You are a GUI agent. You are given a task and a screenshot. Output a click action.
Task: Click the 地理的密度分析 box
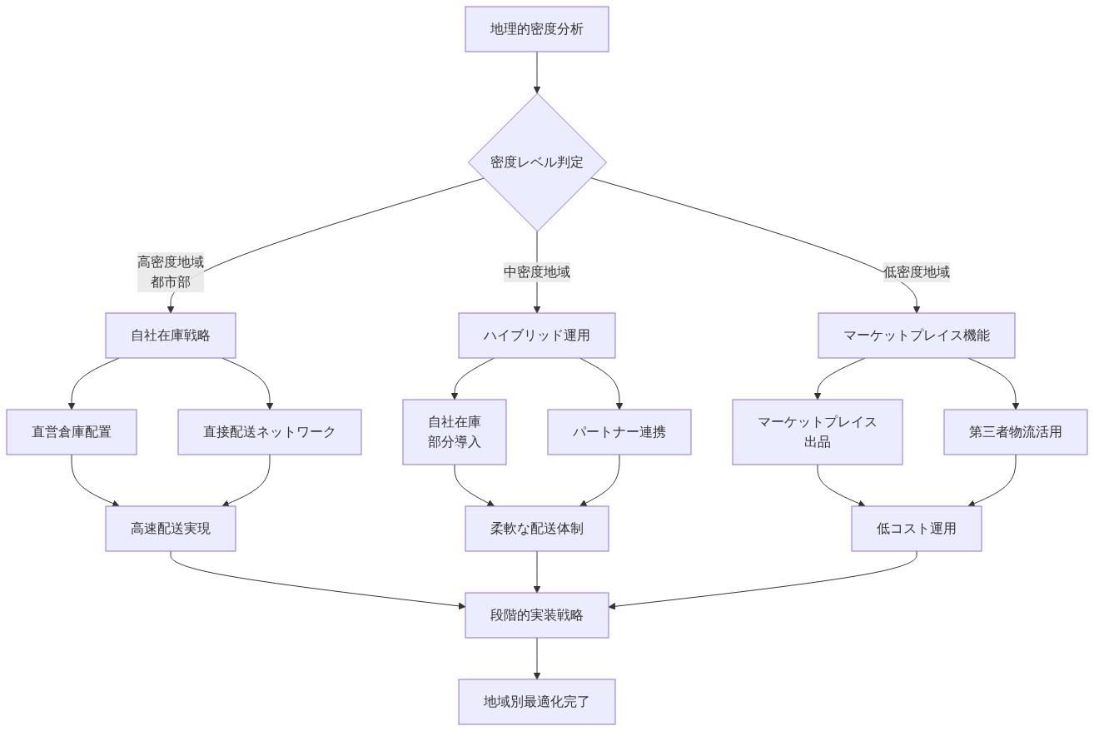click(x=537, y=29)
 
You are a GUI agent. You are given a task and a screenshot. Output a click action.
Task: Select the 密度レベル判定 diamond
click(x=537, y=162)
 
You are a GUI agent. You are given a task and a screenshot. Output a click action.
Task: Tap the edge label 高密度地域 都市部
click(x=171, y=271)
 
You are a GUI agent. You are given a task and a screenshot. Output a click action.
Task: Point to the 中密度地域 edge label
click(x=537, y=271)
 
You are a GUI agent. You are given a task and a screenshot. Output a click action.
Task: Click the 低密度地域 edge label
click(x=917, y=271)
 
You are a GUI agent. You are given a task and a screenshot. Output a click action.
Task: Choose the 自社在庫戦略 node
click(x=171, y=336)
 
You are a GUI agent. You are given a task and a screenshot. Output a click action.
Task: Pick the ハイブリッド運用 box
click(x=537, y=336)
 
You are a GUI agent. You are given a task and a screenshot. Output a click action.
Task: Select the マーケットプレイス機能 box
click(x=917, y=336)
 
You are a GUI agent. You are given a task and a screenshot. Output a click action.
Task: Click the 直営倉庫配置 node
click(x=72, y=432)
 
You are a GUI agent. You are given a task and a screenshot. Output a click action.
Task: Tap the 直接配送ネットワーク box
click(x=270, y=432)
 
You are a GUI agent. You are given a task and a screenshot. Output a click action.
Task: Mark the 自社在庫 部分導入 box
click(x=455, y=432)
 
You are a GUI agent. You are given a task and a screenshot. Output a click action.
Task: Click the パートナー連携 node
click(x=619, y=432)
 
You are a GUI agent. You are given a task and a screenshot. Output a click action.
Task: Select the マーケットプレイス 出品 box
click(x=818, y=432)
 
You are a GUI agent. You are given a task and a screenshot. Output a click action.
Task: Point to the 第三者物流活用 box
click(x=1016, y=432)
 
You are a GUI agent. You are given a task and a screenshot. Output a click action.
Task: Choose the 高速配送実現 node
click(x=171, y=529)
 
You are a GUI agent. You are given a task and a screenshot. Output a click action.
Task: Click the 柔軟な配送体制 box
click(x=537, y=529)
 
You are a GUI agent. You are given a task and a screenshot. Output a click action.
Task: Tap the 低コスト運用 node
click(x=917, y=529)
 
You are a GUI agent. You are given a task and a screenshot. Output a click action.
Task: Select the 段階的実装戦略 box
click(x=537, y=615)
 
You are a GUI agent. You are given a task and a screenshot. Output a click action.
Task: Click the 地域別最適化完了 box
click(x=537, y=702)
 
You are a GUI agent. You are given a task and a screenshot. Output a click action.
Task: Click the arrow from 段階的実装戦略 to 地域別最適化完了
click(x=537, y=659)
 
